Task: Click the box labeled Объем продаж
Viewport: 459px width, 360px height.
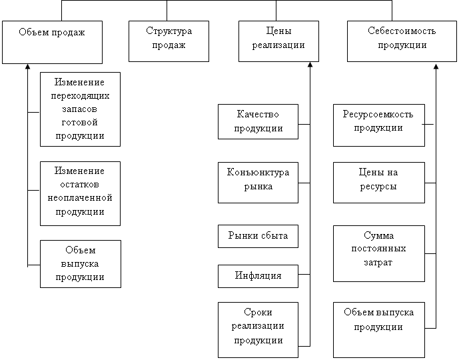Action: coord(52,41)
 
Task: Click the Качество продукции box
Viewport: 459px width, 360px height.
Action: coord(258,121)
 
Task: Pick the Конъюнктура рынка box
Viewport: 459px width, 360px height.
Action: coord(258,181)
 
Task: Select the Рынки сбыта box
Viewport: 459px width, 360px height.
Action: coord(258,235)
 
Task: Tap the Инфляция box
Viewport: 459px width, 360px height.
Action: coord(258,275)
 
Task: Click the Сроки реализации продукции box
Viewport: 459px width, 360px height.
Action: coord(258,327)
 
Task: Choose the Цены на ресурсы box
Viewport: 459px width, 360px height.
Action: coord(378,181)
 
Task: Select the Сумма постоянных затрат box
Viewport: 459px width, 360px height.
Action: coord(378,252)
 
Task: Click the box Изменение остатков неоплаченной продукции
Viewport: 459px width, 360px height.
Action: coord(80,192)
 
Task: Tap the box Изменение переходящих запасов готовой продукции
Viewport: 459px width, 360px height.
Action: coord(80,109)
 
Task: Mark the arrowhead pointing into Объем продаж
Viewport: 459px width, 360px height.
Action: coord(27,67)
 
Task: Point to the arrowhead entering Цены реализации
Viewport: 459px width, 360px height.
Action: coord(310,65)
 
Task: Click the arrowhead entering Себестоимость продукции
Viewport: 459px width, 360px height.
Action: coord(436,65)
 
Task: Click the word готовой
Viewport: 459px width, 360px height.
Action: coord(80,123)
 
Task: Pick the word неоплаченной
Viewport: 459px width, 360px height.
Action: coord(80,198)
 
